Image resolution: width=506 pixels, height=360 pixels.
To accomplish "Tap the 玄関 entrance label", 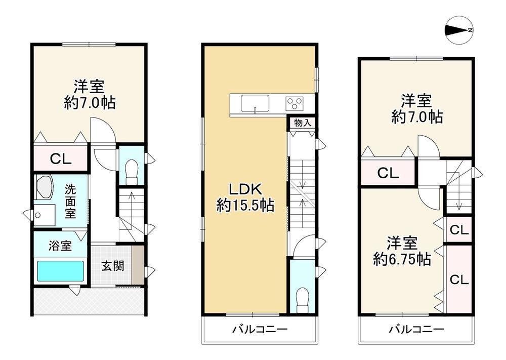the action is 113,266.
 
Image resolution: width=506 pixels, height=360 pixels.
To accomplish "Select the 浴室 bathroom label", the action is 60,246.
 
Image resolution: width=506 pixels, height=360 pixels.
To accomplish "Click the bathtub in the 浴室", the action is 60,271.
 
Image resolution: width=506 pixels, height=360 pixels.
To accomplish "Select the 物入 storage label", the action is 303,123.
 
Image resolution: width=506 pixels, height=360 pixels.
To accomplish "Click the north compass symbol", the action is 458,30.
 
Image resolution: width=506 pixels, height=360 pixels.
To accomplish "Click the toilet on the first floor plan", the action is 132,169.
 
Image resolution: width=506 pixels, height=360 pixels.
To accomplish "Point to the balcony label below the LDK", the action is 260,330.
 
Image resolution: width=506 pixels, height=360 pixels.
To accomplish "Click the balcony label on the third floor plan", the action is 416,330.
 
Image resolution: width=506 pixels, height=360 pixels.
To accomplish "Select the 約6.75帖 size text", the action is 402,259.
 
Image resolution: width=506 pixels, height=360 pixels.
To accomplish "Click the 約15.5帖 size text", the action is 245,205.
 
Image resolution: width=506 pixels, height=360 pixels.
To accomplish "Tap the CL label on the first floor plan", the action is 60,159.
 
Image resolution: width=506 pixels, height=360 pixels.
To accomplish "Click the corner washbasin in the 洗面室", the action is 44,188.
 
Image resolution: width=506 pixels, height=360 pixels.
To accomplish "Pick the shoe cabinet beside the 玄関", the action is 138,265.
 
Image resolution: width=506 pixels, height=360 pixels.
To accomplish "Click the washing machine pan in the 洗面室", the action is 44,215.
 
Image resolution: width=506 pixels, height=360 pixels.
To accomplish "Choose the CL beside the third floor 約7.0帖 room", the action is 388,173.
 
